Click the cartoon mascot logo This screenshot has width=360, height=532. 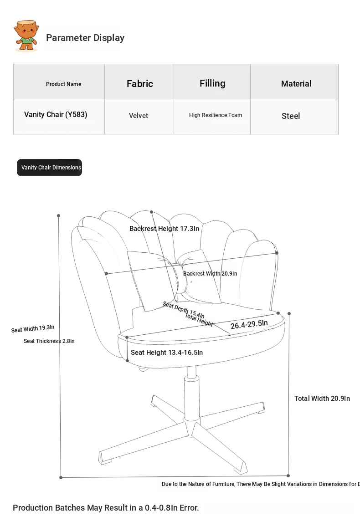pos(26,36)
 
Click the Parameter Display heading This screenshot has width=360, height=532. pos(85,38)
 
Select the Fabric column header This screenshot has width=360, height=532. pos(139,83)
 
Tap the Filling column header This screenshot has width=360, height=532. pos(212,83)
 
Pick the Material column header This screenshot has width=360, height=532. pos(296,83)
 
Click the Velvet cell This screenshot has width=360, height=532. pos(139,116)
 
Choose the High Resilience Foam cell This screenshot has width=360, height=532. pos(216,115)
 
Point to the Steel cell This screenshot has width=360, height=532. pos(291,116)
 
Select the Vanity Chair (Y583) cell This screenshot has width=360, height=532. pos(56,114)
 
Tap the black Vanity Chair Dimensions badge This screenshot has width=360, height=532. pos(50,168)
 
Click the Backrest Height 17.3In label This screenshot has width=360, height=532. pos(164,229)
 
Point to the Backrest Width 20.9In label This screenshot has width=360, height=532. pos(210,274)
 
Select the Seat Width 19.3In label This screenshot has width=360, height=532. pos(33,328)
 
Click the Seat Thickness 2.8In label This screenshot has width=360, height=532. pos(49,341)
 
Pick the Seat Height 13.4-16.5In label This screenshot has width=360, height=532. pos(167,353)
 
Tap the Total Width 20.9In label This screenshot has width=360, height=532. pos(322,399)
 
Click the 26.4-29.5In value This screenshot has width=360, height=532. pos(249,324)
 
